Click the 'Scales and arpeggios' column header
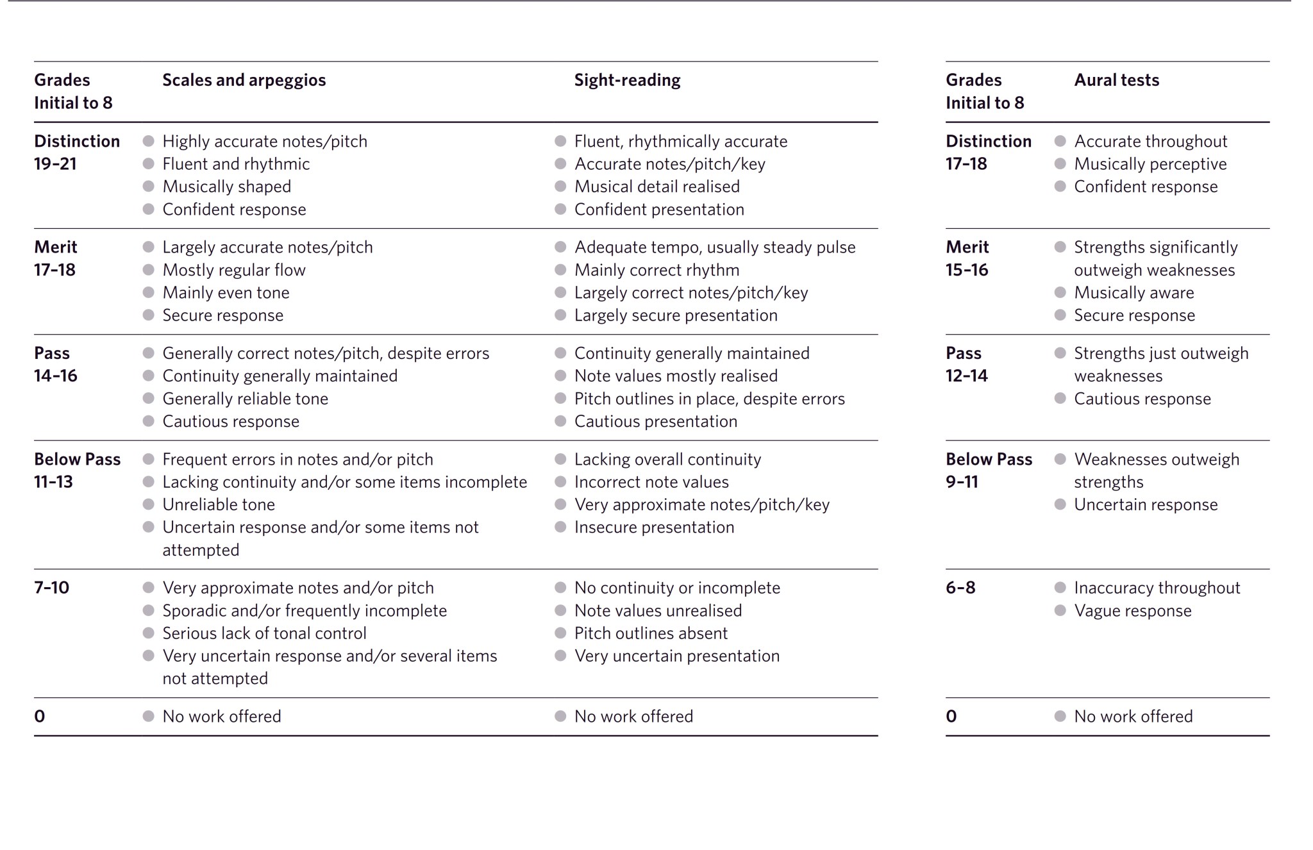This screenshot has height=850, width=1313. (244, 80)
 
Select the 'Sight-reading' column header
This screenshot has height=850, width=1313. (627, 80)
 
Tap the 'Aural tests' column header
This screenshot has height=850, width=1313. (1116, 80)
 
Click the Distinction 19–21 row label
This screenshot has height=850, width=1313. (76, 152)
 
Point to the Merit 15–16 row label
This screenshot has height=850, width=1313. (967, 258)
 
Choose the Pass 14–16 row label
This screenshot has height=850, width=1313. (55, 364)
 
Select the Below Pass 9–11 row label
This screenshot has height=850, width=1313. (989, 470)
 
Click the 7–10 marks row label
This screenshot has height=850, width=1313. (51, 587)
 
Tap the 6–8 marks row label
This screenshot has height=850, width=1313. (960, 587)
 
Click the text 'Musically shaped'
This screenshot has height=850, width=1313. (226, 187)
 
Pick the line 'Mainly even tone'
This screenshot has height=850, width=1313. (226, 293)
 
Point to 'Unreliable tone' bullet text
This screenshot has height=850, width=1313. (219, 504)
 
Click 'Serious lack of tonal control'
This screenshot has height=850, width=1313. (264, 633)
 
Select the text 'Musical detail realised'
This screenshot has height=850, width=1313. (656, 187)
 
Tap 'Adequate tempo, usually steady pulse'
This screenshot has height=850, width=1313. (715, 247)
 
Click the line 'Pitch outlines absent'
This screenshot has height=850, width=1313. (651, 633)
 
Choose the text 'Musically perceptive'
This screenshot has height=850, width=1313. (1150, 164)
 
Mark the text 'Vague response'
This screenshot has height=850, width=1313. (1132, 611)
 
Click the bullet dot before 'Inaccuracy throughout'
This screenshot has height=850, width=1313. (1060, 587)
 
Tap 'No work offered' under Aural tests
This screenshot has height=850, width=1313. (1133, 716)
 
